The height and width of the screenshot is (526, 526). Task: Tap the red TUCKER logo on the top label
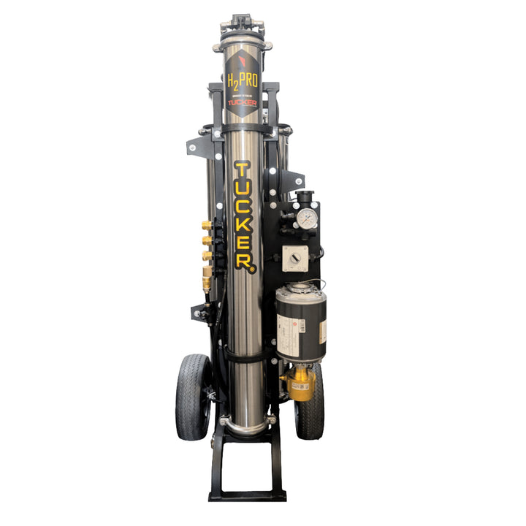242,104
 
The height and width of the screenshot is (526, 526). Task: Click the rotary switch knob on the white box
296,257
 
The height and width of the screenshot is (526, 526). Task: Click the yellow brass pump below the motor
300,384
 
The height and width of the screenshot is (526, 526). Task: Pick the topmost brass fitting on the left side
207,226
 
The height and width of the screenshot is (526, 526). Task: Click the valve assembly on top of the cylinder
242,29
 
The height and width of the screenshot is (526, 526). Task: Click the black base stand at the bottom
245,475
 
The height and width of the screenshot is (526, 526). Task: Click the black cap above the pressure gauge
305,196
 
